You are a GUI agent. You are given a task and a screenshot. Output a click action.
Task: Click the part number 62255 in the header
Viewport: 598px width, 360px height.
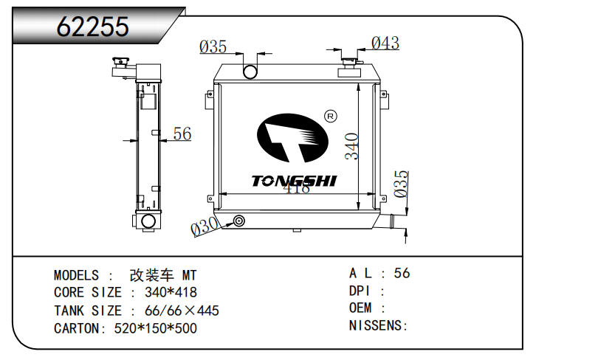click(93, 27)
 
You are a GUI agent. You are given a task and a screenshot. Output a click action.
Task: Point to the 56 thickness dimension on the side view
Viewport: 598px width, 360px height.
click(182, 134)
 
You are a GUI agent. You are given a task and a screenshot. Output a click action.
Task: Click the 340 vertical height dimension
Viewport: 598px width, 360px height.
click(352, 146)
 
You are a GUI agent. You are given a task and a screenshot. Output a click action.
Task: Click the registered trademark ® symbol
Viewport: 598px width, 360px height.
click(330, 116)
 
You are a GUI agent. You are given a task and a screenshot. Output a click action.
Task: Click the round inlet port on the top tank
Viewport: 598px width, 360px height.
click(251, 72)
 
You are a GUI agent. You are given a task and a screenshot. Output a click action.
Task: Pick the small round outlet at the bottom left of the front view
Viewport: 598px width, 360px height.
click(238, 221)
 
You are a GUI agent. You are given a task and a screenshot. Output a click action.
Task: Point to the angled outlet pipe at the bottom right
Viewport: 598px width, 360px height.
click(394, 221)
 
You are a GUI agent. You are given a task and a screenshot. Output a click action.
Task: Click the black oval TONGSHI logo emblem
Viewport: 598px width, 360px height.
click(292, 139)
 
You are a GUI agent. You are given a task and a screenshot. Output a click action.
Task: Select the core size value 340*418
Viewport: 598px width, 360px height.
click(171, 292)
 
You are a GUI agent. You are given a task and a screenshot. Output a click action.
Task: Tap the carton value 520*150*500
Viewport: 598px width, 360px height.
click(156, 328)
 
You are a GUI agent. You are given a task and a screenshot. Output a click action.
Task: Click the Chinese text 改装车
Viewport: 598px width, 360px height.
click(153, 274)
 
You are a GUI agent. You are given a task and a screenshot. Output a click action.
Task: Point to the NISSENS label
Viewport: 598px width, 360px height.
click(376, 325)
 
